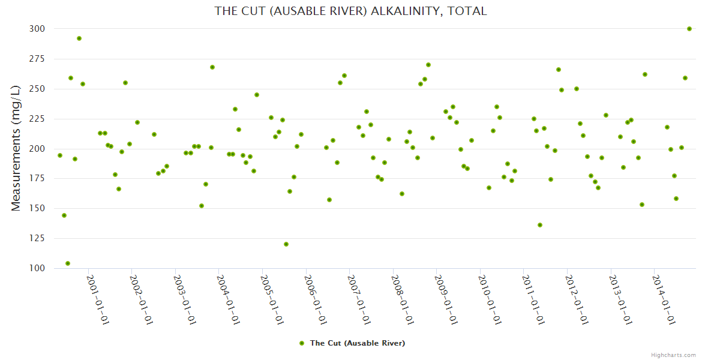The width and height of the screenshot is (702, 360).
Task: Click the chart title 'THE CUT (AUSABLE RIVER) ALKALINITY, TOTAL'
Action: point(350,11)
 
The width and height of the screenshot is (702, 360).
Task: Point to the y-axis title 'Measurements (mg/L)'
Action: point(16,149)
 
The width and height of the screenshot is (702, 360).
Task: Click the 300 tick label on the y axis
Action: point(37,29)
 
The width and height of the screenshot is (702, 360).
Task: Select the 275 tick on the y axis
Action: point(37,59)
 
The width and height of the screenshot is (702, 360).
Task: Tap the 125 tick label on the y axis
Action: point(37,239)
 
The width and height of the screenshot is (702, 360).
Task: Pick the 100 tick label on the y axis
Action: point(37,268)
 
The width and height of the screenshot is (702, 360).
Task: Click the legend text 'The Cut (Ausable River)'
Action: point(357,343)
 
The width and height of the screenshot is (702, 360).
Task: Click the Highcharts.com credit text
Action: point(673,355)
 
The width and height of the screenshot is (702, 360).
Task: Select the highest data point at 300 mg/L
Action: point(689,29)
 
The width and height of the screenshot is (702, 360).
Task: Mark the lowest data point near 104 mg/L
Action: point(68,263)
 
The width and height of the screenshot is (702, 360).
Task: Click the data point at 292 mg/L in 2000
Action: point(79,38)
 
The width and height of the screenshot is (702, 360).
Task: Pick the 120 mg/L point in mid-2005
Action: point(286,244)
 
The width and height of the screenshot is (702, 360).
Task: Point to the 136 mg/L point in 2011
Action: point(540,225)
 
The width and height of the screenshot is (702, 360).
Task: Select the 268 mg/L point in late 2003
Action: point(212,67)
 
